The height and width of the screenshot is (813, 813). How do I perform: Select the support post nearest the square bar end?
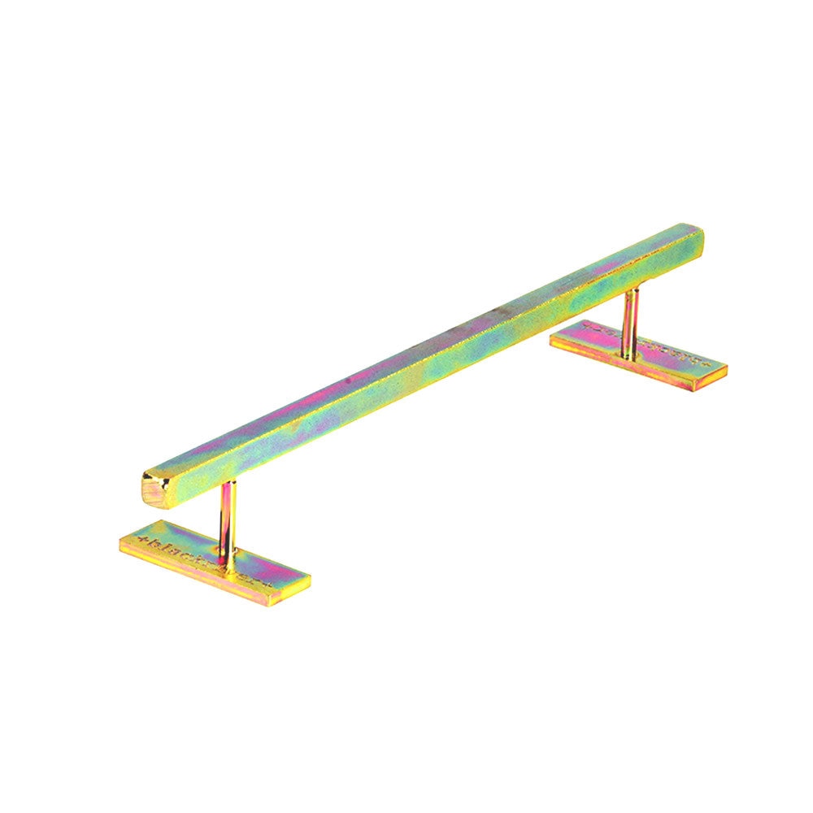point(228,524)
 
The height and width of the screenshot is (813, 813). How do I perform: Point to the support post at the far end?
point(629,321)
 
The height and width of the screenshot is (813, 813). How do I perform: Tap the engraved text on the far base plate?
point(650,346)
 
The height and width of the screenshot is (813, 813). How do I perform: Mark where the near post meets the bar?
point(229,484)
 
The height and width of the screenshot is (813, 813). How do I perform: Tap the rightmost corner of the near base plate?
point(310,578)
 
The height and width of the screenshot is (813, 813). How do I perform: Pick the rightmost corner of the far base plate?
point(726,368)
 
